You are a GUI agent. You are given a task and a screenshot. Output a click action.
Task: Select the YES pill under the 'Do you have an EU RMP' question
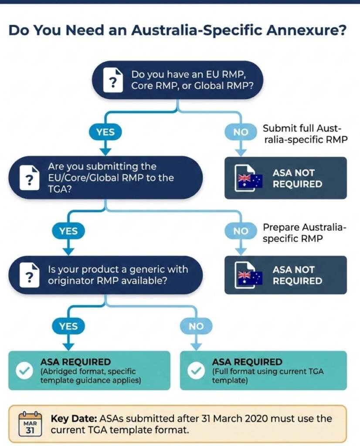coord(105,132)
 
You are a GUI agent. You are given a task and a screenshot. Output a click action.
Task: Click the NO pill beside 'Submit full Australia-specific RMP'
coord(241,132)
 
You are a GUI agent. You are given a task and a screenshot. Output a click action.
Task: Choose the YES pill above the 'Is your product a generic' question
coord(68,231)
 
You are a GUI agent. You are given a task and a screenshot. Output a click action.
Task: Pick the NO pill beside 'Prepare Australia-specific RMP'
coord(241,231)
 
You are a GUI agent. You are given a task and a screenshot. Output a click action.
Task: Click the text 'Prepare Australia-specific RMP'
coord(304,233)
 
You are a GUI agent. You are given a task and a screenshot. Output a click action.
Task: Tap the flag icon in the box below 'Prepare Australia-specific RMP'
coord(248,276)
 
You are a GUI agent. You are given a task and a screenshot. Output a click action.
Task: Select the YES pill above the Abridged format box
coord(68,326)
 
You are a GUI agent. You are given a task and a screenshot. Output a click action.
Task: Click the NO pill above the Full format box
coord(196,326)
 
